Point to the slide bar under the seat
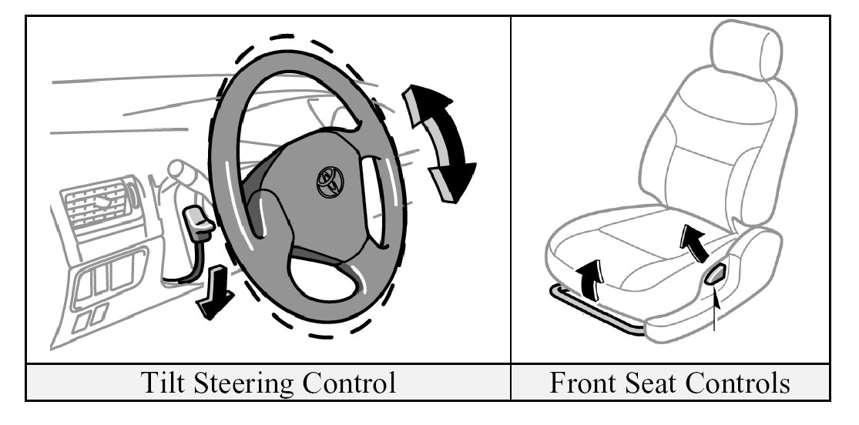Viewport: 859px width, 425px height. click(593, 308)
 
